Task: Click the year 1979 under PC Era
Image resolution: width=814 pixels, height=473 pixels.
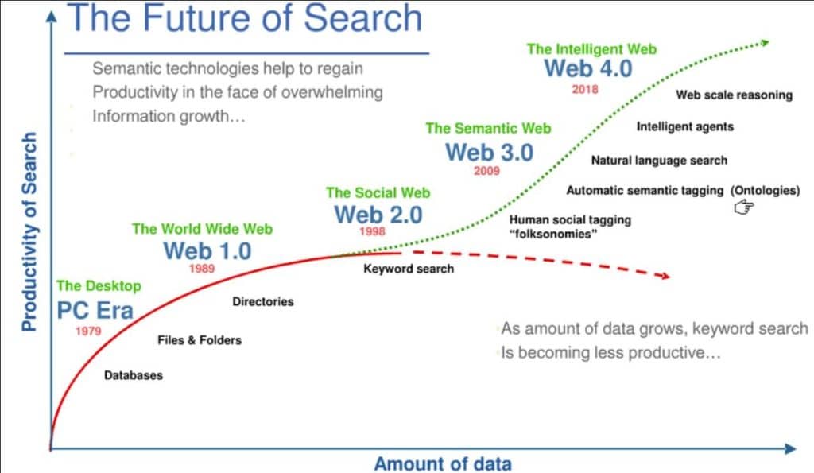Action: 88,331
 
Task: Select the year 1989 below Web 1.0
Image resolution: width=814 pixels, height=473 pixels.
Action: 202,269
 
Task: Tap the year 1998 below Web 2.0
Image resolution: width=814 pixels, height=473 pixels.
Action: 372,232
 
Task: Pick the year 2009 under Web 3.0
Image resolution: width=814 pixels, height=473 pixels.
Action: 486,171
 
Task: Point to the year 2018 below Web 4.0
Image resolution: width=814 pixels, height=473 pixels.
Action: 585,89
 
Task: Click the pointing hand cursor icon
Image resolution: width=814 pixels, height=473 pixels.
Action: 743,207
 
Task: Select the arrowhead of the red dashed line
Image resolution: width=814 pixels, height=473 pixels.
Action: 662,276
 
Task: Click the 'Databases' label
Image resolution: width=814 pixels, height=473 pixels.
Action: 134,374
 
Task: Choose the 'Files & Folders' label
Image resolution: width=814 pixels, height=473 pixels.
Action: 200,339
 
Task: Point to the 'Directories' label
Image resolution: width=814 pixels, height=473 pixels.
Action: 263,301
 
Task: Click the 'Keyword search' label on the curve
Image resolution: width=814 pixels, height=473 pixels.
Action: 409,269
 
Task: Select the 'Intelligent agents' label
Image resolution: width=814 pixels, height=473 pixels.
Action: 685,126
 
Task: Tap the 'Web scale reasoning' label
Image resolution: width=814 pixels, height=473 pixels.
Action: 734,95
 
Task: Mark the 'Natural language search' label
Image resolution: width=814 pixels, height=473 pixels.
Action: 659,160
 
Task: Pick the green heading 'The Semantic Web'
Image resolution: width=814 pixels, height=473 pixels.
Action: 488,127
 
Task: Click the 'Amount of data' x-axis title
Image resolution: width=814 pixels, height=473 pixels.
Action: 443,463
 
